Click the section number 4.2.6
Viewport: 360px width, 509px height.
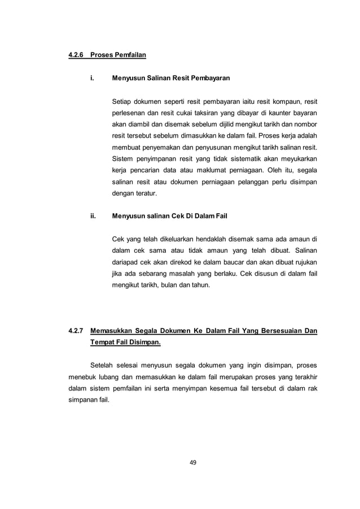[x=72, y=55]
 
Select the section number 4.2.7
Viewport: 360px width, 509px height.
[x=72, y=330]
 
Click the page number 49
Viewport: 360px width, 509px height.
[x=192, y=463]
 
